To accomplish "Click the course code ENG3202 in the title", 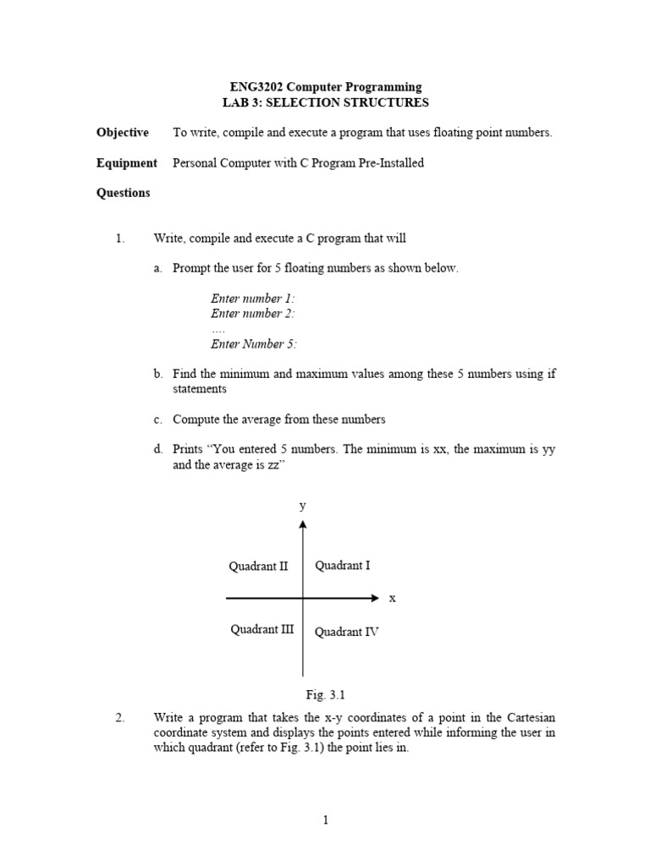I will tap(258, 87).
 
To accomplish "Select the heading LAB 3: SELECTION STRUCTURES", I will tap(325, 102).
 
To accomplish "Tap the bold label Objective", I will tap(123, 133).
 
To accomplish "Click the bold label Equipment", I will tap(126, 162).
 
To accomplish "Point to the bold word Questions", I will tap(123, 193).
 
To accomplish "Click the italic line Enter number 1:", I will tap(252, 299).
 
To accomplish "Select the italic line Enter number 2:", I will tap(252, 314).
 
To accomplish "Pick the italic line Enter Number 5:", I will tap(253, 344).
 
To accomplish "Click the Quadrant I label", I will tap(342, 566).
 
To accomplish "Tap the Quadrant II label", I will tap(258, 567).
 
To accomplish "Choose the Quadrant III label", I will tap(262, 629).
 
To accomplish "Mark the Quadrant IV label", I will tap(346, 631).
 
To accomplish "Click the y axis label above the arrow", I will tap(302, 506).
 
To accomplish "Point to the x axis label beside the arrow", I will tap(392, 598).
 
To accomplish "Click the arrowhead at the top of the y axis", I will tap(302, 524).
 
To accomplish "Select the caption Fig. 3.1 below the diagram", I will tap(325, 695).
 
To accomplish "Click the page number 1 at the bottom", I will tap(325, 819).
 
